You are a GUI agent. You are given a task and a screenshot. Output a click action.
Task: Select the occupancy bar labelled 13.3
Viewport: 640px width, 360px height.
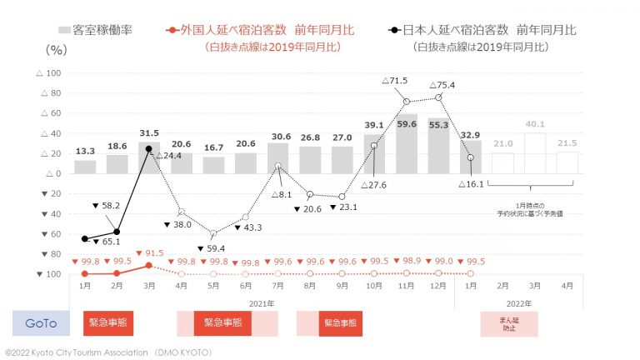click(x=85, y=167)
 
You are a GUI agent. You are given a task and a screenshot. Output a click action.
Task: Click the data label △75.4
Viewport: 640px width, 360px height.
click(x=442, y=84)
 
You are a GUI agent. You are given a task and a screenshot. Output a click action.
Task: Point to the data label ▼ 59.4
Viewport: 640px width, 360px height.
click(x=214, y=247)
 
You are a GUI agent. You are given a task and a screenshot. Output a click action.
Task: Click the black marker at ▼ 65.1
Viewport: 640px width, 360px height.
click(x=85, y=238)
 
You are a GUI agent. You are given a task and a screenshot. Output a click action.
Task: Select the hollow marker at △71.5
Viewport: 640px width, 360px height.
click(x=406, y=101)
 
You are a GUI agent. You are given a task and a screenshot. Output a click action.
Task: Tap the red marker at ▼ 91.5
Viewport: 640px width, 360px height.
click(x=148, y=266)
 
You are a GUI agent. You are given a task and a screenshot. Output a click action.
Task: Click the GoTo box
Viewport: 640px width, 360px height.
click(x=41, y=322)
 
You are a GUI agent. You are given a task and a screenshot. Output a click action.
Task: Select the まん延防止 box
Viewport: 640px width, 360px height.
click(x=508, y=322)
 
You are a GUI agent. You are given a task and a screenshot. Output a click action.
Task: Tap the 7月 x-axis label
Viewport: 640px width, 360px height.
click(x=277, y=286)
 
